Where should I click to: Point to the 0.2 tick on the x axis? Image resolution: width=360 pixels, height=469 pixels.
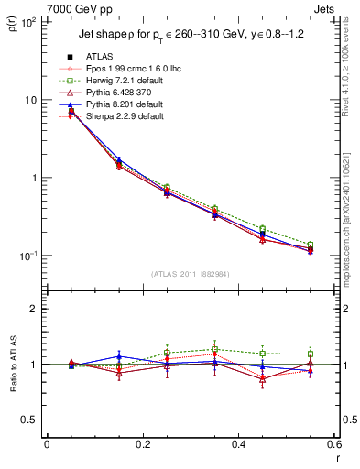pos(142,446)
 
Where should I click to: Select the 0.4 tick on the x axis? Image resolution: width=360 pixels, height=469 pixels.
pos(238,446)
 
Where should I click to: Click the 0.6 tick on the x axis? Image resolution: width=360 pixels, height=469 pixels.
pos(334,446)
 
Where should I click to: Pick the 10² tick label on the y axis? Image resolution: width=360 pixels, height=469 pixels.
pos(27,22)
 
